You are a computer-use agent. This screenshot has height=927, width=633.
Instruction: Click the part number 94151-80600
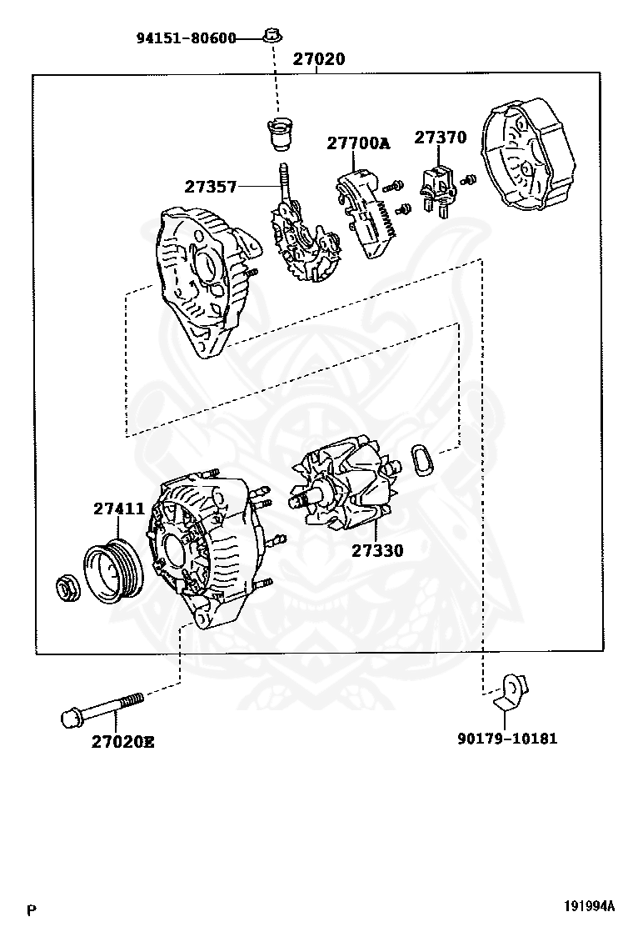(x=186, y=38)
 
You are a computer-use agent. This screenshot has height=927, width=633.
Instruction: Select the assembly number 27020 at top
(x=318, y=60)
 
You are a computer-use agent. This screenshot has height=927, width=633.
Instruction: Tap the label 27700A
(x=357, y=143)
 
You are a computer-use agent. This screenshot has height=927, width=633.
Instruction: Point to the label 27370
(x=441, y=138)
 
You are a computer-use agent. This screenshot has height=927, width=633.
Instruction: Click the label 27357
(x=211, y=188)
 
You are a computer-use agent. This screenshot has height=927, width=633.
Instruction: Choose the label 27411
(x=118, y=509)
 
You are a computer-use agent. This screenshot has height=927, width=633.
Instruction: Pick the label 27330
(x=376, y=550)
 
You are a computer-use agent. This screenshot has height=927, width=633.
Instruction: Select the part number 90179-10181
(x=507, y=738)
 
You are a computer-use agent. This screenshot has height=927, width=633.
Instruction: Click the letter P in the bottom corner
(x=32, y=909)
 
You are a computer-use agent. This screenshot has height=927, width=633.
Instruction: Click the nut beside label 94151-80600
(x=270, y=36)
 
